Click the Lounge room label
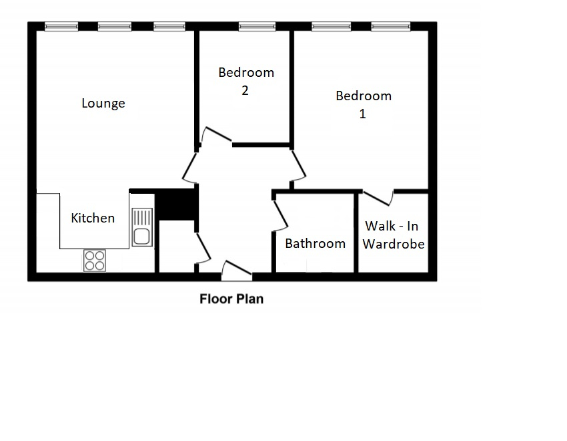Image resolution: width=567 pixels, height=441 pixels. tap(103, 103)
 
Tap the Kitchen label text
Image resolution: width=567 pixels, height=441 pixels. tap(93, 218)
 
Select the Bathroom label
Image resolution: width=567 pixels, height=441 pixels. tap(316, 243)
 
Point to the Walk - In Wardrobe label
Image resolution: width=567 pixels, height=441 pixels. tap(394, 235)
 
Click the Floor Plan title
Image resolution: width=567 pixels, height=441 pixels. tap(231, 299)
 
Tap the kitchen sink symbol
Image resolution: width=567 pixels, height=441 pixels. tap(142, 227)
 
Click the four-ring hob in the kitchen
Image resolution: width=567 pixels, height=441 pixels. tap(95, 261)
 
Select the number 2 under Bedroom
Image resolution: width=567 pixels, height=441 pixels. tap(245, 90)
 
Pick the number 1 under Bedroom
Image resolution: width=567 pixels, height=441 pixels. tap(363, 114)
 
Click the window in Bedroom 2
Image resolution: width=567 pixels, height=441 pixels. tap(257, 26)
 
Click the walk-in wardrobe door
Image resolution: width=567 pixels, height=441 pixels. tap(378, 197)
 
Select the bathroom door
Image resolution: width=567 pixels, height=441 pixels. tap(281, 216)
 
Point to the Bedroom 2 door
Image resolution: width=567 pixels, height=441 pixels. tap(216, 135)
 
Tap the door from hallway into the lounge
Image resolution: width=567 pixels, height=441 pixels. tap(189, 167)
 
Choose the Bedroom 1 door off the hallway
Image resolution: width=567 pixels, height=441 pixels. tap(298, 166)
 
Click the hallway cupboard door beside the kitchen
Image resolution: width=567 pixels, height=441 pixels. tap(203, 249)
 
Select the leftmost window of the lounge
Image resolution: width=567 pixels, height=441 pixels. tap(61, 26)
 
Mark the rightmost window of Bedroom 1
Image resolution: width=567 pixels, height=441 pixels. tap(391, 26)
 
